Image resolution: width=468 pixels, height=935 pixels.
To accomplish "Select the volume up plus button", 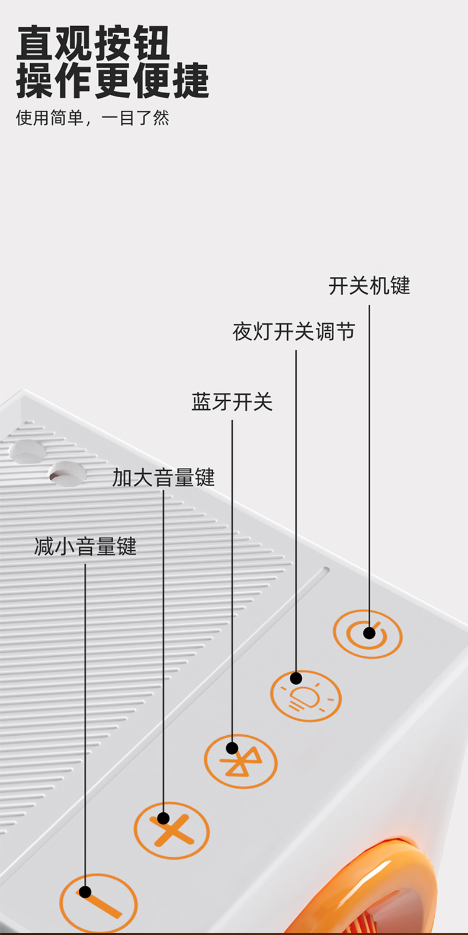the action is coord(171,831).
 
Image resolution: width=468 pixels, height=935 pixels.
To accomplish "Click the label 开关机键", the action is coord(369,286).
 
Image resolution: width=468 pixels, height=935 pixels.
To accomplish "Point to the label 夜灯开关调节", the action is coord(294,331).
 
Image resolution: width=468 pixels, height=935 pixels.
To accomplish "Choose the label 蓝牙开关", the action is coord(232,402).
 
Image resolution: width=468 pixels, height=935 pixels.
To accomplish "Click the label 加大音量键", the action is coord(164,477).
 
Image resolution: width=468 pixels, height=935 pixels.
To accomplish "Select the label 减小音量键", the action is coord(85,546).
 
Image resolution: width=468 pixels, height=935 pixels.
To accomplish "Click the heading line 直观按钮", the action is coord(93,43).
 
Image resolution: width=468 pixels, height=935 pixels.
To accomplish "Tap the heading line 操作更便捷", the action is coord(113,81).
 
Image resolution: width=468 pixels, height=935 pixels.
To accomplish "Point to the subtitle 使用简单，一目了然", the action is coord(92,118).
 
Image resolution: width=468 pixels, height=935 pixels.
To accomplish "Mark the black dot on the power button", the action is coord(369,633).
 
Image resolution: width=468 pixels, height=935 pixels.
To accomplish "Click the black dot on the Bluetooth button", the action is coord(232,748).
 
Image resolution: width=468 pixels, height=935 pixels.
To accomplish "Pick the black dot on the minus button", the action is coord(85,892).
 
